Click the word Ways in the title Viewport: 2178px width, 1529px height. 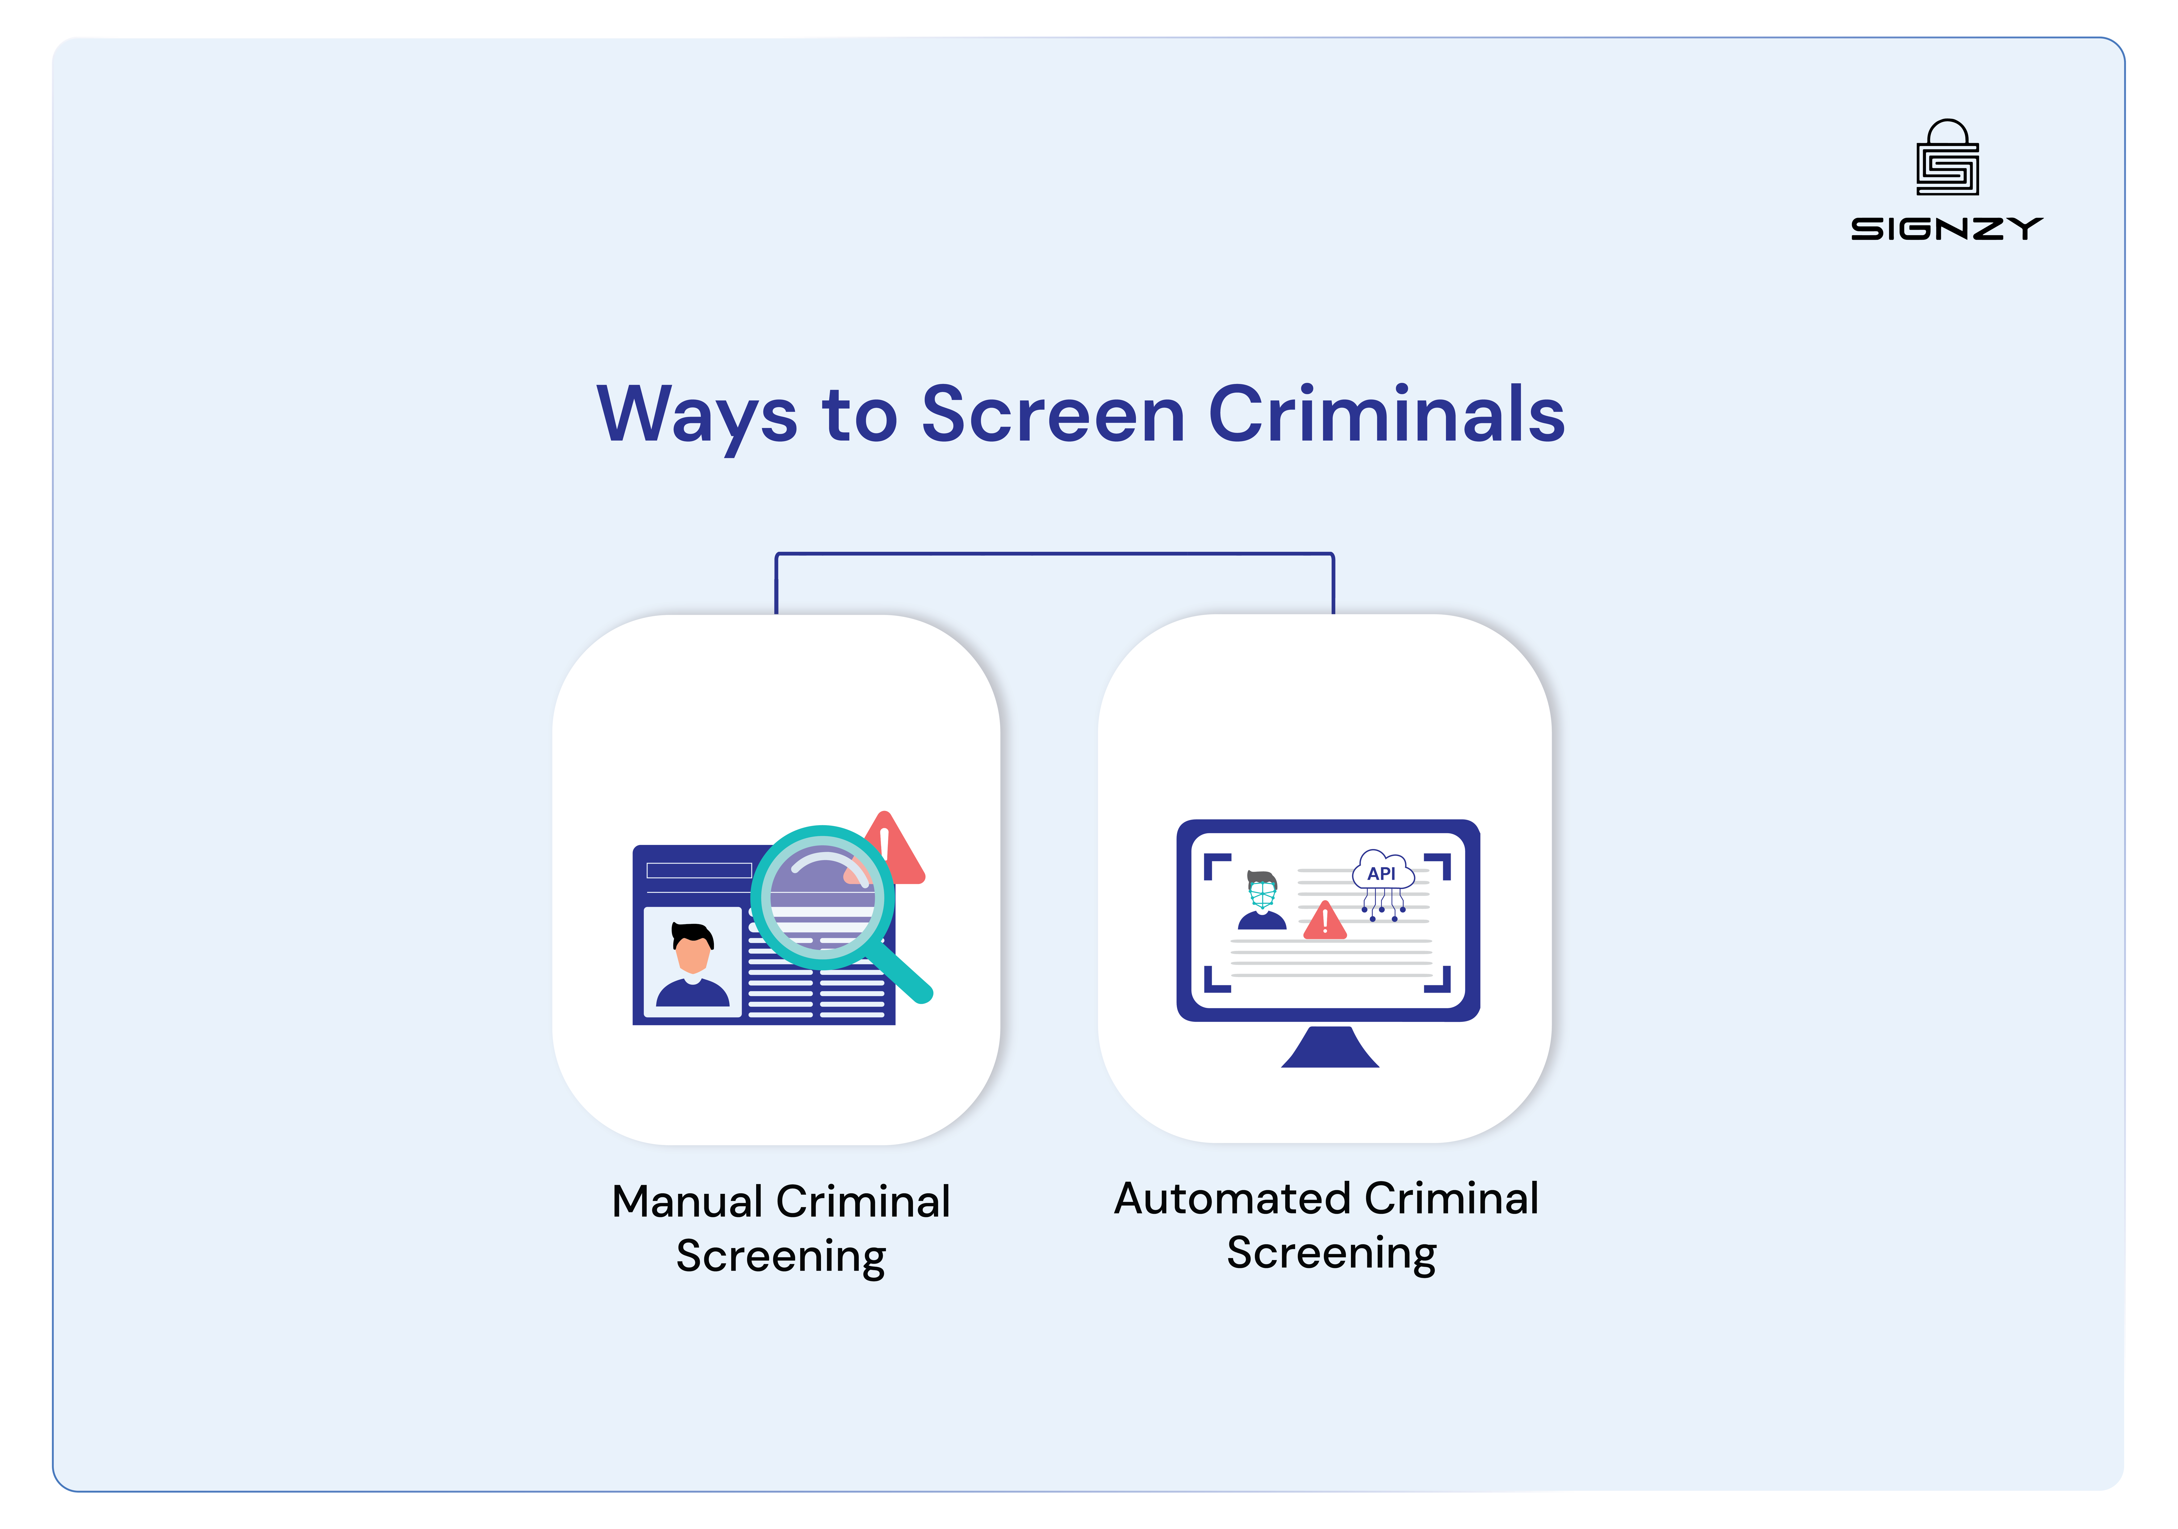[x=697, y=415]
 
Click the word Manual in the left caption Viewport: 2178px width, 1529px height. [x=687, y=1202]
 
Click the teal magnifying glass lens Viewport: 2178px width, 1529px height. [x=822, y=896]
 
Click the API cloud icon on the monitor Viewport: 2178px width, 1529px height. [x=1382, y=873]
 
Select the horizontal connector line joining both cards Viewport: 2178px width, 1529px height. [x=1055, y=553]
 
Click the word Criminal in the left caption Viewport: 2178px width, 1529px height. [x=863, y=1202]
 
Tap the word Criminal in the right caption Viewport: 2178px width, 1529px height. [x=1451, y=1199]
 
